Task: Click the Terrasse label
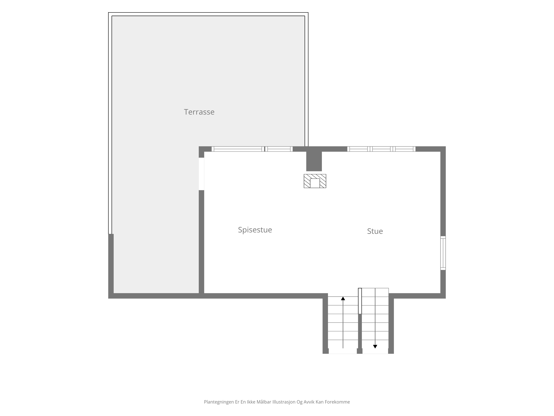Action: coord(199,112)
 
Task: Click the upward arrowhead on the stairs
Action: coord(343,298)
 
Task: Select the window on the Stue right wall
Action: coord(443,253)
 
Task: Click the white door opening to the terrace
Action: coord(201,174)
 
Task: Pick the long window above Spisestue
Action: coord(238,149)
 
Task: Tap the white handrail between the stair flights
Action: coord(360,301)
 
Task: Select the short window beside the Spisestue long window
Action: coord(279,149)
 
